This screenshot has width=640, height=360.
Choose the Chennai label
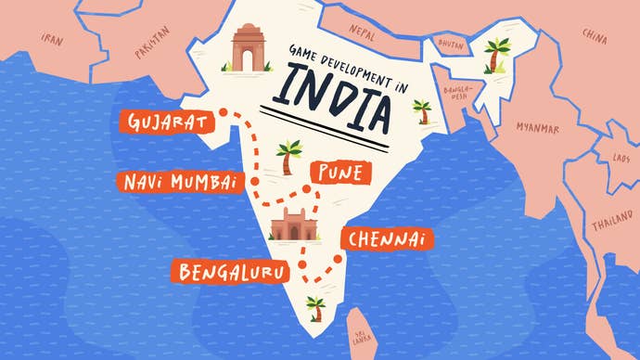[x=388, y=239]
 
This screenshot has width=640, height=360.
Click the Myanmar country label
[x=538, y=127]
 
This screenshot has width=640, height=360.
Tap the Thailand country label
[x=614, y=224]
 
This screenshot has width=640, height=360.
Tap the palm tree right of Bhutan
[x=499, y=53]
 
